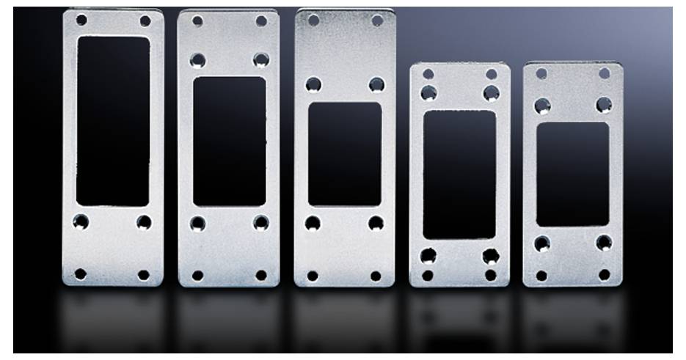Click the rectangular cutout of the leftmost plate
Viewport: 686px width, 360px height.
(113, 121)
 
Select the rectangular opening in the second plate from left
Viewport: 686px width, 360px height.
(229, 141)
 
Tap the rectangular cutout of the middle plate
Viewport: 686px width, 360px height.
(344, 154)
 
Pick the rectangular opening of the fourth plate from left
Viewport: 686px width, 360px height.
(459, 175)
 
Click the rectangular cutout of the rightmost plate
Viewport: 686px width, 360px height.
(572, 175)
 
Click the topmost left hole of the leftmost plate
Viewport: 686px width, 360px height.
(81, 20)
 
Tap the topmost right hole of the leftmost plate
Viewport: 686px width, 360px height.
(145, 21)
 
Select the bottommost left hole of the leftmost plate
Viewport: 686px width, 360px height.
(81, 273)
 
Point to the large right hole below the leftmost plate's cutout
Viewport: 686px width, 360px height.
(144, 221)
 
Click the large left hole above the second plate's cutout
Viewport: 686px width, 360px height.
(198, 59)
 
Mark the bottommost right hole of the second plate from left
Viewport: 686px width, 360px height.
(260, 276)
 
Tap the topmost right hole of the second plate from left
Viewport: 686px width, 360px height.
(261, 21)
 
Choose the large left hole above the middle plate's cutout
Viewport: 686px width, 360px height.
(313, 85)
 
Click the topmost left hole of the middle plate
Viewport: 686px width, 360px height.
(313, 21)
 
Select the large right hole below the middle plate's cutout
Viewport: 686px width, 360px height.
(376, 223)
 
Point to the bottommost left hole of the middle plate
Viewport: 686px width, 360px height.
(313, 276)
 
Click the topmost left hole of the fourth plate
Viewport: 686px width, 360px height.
(428, 74)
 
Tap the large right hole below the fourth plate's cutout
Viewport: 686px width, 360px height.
(490, 256)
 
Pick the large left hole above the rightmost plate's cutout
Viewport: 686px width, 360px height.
(542, 105)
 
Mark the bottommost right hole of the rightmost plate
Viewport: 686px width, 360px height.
(605, 275)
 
